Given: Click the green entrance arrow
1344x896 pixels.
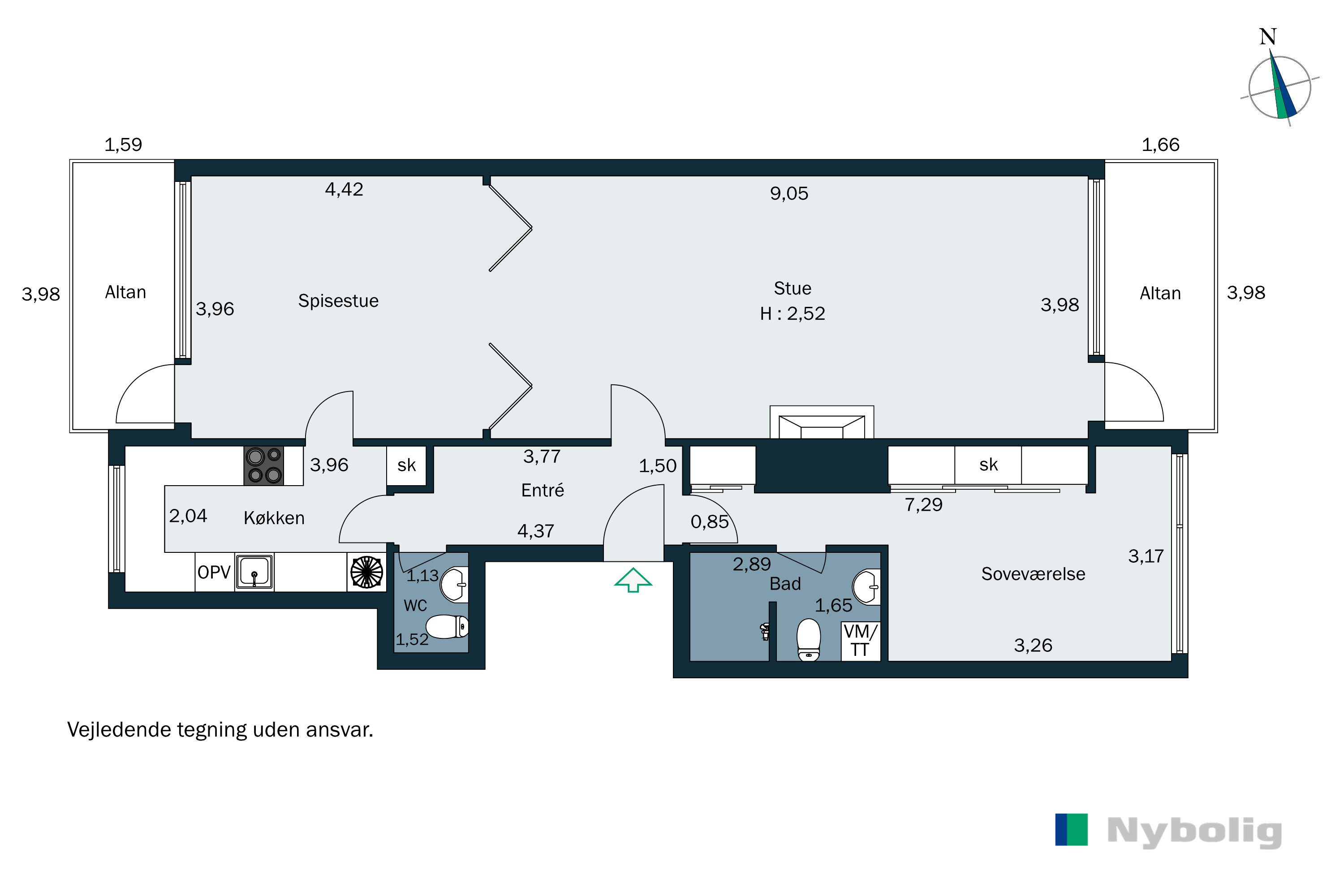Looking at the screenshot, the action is pos(633,580).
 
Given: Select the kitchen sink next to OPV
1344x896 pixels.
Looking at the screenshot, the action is pos(254,572).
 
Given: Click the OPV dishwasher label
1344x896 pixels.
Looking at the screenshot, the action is pos(214,572).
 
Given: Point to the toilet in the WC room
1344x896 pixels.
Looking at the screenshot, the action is pos(448,627).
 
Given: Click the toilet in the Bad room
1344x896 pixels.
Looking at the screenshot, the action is pos(809,639).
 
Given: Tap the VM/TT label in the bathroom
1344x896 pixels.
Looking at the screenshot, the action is pos(860,641).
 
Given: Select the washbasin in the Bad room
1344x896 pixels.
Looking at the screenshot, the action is pos(866,587).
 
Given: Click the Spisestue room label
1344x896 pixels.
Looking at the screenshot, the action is pos(338,301).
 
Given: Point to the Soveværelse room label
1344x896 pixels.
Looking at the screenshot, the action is pos(1033,574).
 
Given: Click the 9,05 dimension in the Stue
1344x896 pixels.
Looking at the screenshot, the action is pos(789,194).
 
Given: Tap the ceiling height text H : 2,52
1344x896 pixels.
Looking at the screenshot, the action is pos(793,314).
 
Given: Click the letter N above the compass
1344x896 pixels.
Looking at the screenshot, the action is pos(1268,37).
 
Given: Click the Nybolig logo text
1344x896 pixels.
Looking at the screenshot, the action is pos(1194,831).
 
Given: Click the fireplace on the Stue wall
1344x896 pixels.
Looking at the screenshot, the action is pos(822,423).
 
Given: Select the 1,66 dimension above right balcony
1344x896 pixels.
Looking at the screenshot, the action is pos(1161,145).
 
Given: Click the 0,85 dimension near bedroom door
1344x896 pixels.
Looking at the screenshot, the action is pos(710,522).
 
